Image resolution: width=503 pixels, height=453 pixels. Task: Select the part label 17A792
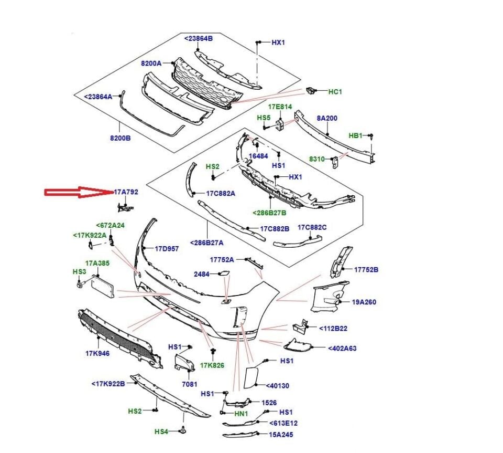point(126,193)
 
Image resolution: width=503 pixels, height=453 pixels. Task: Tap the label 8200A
point(151,63)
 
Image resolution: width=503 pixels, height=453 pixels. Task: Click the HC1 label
point(335,92)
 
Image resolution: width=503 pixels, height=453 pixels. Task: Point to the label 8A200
point(327,119)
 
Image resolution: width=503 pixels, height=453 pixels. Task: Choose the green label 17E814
point(280,107)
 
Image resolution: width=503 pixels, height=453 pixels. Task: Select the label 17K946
point(97,353)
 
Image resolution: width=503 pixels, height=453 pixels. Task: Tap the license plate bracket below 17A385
point(103,286)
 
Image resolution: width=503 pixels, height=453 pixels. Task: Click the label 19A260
point(364,302)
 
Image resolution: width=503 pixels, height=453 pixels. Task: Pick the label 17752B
point(366,270)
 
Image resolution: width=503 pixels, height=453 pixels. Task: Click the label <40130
point(277,386)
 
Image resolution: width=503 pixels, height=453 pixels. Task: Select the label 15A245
point(281,435)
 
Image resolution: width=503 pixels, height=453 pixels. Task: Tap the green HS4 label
point(161,432)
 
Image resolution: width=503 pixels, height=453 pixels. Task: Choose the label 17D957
point(167,249)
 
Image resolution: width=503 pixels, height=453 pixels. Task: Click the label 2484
point(202,274)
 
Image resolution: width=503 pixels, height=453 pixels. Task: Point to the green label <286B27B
point(269,213)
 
